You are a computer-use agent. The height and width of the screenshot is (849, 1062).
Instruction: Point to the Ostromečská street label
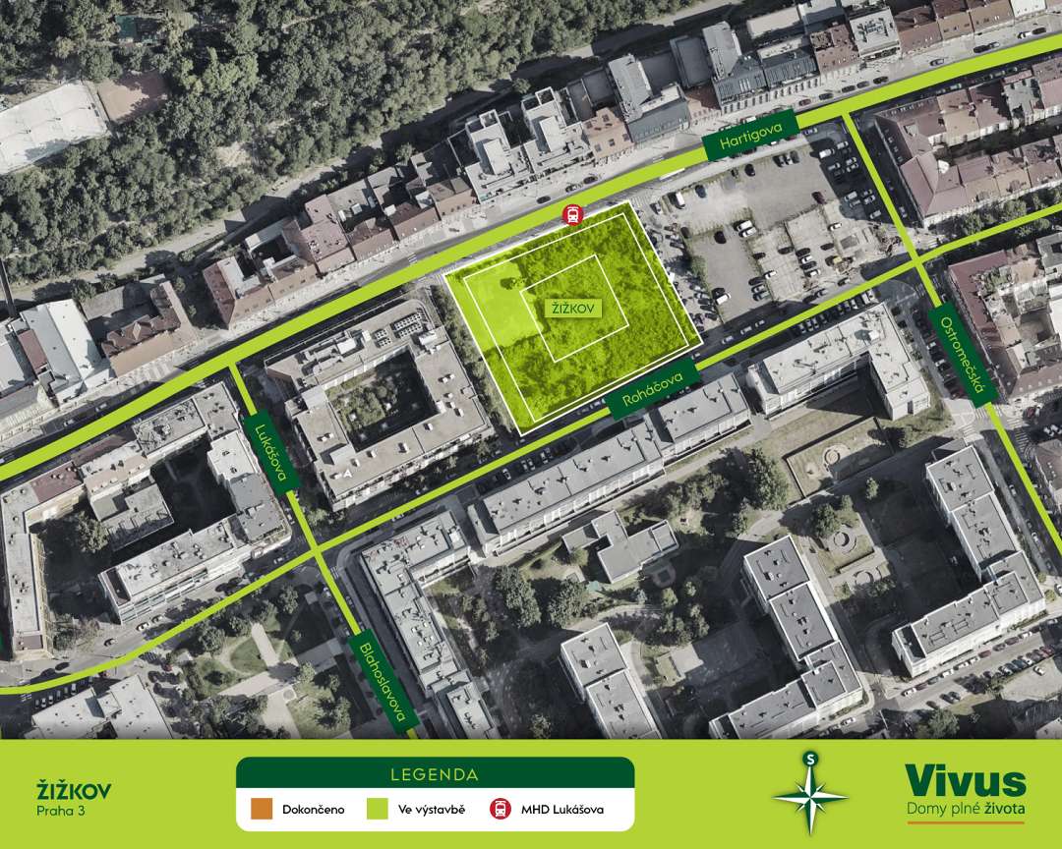coord(962,353)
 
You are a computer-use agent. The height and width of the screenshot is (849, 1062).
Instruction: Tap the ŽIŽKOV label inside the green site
coord(574,309)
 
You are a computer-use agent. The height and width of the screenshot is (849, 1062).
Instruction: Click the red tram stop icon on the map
coord(569,214)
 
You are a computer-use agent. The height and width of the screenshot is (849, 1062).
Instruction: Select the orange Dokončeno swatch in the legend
coord(261,810)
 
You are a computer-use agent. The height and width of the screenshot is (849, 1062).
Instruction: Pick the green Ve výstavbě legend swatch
coord(377,810)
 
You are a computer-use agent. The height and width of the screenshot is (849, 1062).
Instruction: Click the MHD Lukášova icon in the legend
coord(501,810)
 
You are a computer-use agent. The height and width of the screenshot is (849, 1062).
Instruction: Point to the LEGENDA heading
coord(434,774)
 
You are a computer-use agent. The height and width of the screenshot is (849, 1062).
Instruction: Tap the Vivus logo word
coord(965,781)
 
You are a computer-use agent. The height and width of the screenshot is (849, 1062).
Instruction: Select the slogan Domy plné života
coord(965,809)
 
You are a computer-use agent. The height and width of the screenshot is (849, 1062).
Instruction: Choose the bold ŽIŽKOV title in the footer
coord(74,790)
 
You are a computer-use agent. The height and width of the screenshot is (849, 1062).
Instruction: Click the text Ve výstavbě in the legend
coord(431,811)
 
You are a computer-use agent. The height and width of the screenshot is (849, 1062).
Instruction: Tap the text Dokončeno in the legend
coord(313,811)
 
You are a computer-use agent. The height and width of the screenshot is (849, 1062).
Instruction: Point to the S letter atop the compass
coord(809,759)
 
